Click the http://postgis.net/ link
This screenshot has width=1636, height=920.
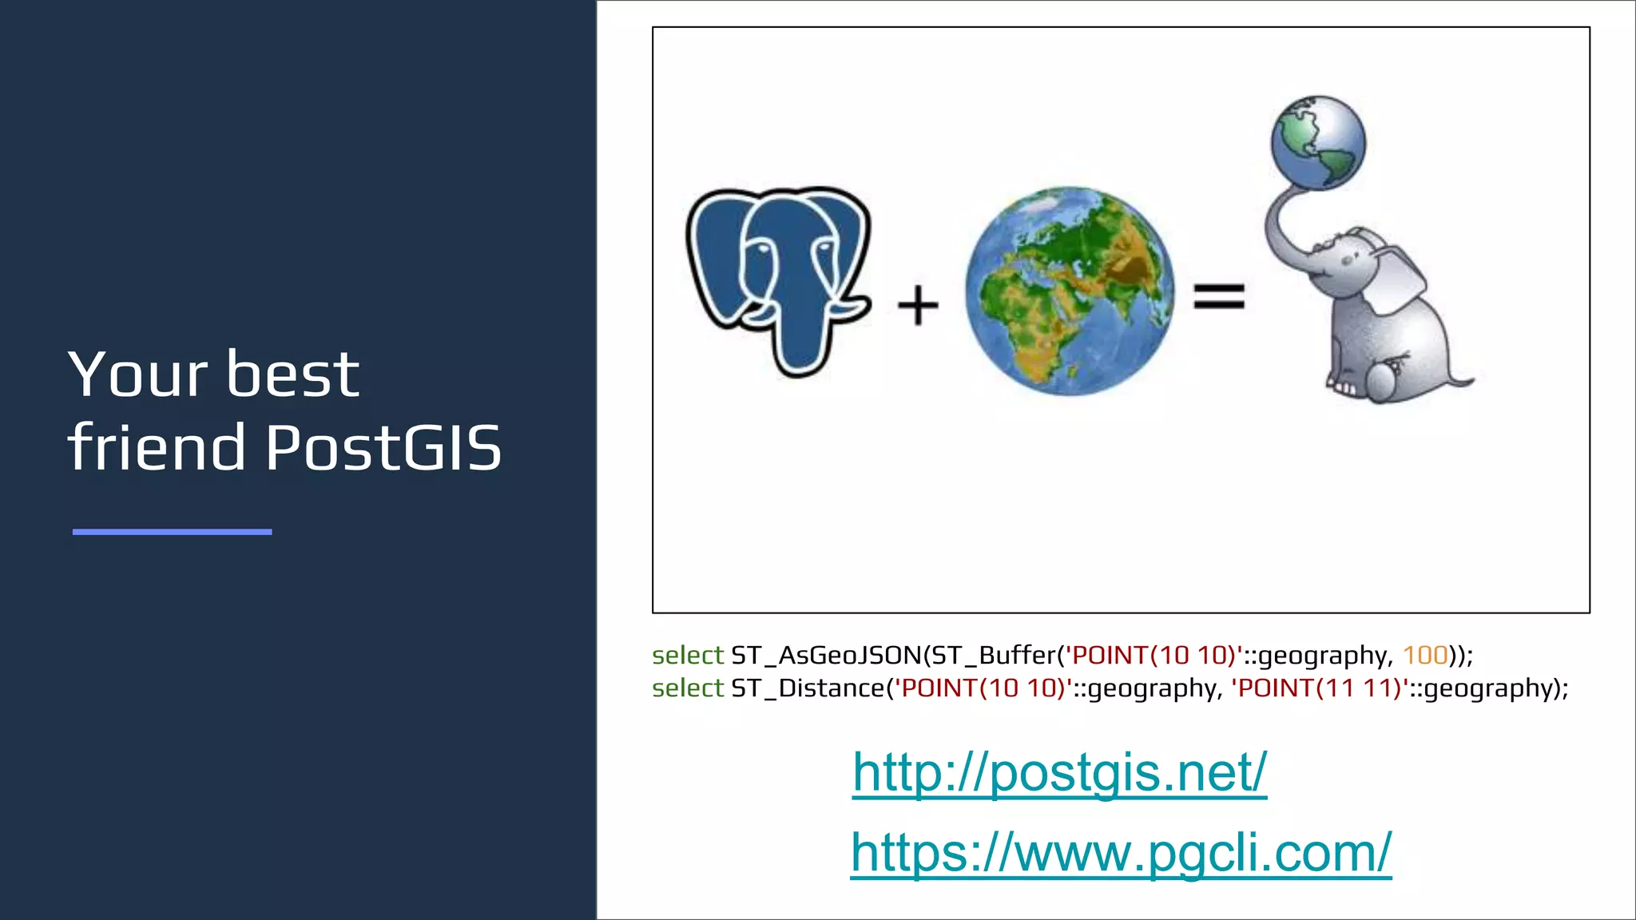1059,773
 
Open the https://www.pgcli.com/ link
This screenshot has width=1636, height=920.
1121,853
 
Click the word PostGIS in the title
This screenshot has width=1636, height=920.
383,447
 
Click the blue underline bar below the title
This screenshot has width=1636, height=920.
172,532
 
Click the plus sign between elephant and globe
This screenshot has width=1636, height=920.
918,305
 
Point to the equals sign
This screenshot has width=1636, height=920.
1219,296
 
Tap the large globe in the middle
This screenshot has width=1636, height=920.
1070,291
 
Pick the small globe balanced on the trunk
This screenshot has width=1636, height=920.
1318,143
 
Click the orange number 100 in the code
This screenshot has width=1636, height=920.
1425,656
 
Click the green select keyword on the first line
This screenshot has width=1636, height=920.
687,656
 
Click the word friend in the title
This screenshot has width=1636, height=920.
157,447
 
